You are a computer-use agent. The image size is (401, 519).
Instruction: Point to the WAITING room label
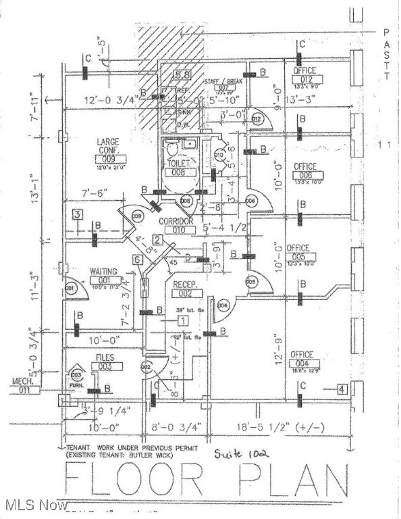(103, 272)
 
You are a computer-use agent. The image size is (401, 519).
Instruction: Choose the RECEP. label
(184, 285)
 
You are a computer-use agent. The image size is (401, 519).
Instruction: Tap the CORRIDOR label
(176, 221)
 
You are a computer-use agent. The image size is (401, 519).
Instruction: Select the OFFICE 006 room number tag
(305, 175)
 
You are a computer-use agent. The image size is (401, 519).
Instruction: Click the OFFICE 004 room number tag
(302, 364)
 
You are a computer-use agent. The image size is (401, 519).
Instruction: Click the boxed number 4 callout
(342, 389)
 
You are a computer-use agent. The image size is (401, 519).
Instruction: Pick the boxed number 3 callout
(78, 215)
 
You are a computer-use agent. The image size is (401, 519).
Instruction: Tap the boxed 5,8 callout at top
(182, 75)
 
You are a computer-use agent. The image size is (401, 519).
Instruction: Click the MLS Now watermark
(34, 505)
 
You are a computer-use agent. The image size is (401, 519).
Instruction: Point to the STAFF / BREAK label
(223, 81)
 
